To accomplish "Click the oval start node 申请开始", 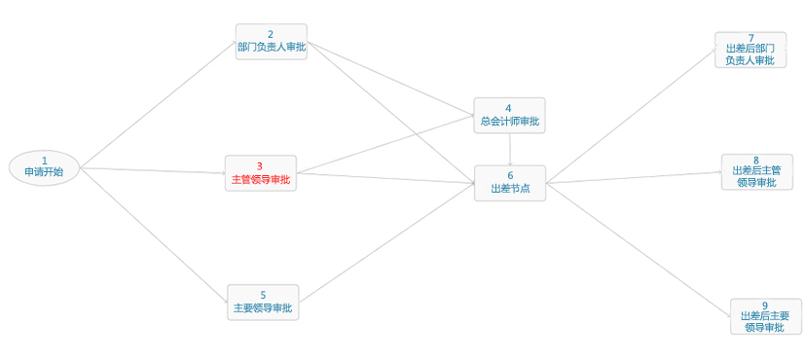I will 44,166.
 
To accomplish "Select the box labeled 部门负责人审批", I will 272,42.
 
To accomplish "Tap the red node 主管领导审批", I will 260,173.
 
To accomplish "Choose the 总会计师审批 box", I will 509,116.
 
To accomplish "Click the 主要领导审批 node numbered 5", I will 263,302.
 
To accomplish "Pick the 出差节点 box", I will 510,183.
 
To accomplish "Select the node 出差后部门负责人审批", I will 749,50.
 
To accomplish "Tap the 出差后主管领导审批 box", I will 756,171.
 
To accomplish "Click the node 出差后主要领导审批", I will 764,316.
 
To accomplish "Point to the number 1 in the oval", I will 44,160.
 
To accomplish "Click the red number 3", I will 260,166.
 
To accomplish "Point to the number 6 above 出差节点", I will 510,175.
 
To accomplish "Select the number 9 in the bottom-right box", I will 765,306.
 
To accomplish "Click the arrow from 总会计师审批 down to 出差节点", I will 510,149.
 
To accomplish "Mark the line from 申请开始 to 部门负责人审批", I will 156,107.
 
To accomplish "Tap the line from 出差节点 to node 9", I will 638,243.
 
